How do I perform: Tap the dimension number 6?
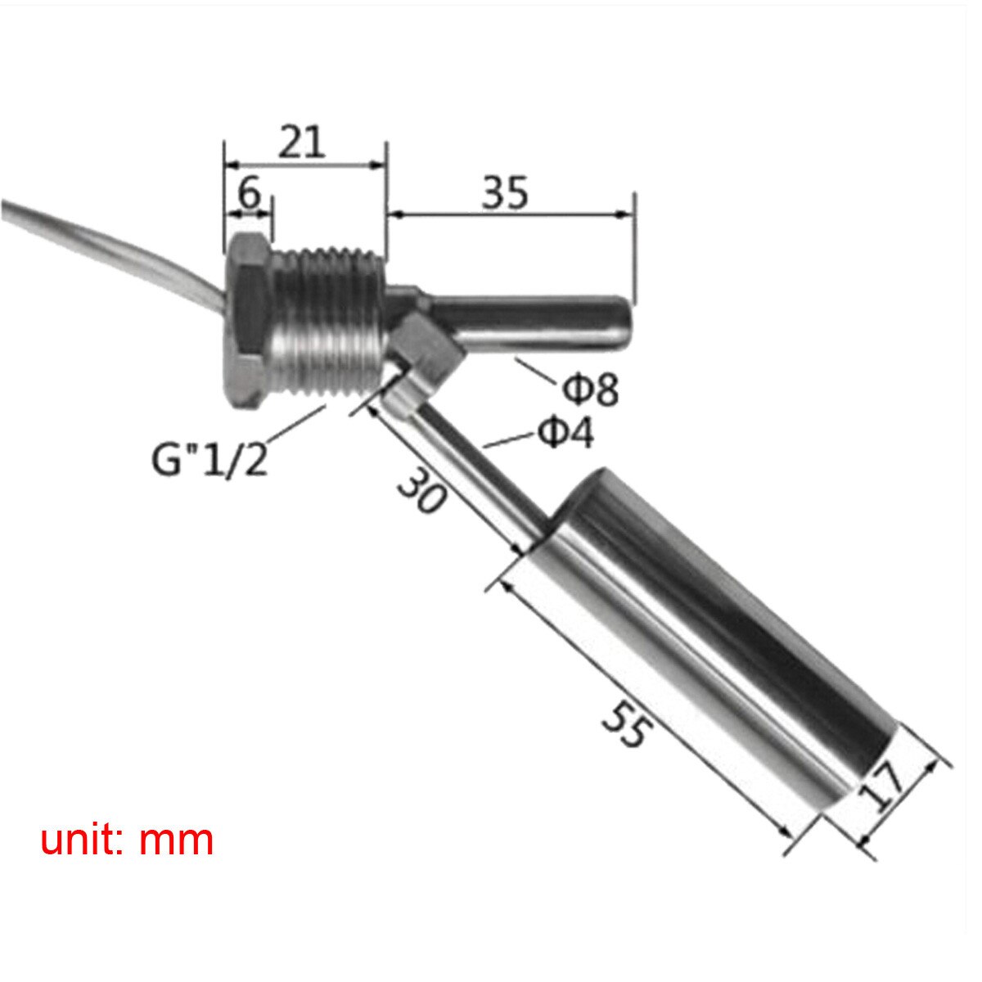tap(249, 194)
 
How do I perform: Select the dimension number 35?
tap(505, 193)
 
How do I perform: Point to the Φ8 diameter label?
tap(590, 390)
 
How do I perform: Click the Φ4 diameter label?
tap(565, 433)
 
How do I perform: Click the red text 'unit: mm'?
tap(127, 840)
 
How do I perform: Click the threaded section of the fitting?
tap(327, 319)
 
